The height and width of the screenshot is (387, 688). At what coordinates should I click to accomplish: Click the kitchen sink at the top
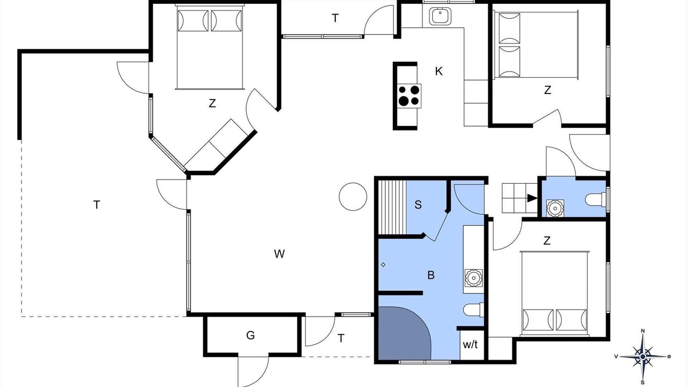[440, 16]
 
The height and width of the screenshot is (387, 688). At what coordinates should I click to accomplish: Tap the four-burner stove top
[409, 96]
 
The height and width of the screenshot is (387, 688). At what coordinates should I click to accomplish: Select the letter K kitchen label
[439, 71]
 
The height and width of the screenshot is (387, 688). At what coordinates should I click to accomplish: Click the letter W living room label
[279, 254]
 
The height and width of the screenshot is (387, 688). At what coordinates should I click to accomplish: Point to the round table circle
[353, 197]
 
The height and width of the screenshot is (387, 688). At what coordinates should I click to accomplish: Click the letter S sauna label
[418, 205]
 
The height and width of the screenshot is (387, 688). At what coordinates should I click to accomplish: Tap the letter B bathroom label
[431, 275]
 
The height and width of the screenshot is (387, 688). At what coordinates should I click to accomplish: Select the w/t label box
[470, 345]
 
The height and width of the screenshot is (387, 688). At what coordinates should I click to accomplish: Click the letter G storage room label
[250, 335]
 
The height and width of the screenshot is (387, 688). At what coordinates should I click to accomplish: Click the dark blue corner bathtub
[403, 333]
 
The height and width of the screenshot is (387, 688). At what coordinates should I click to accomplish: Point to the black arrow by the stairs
[532, 198]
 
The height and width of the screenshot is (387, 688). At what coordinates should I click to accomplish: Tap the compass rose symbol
[643, 356]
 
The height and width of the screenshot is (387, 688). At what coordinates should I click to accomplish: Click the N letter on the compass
[642, 331]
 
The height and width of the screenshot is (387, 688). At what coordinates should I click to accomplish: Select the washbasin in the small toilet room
[555, 208]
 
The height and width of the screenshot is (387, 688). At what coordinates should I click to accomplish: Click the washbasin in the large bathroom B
[474, 278]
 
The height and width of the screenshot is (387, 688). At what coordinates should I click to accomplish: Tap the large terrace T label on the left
[96, 205]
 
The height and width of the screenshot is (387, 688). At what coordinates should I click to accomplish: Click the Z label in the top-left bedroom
[212, 104]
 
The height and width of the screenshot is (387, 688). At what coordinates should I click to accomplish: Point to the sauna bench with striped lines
[392, 207]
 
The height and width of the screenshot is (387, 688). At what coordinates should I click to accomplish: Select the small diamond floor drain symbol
[383, 265]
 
